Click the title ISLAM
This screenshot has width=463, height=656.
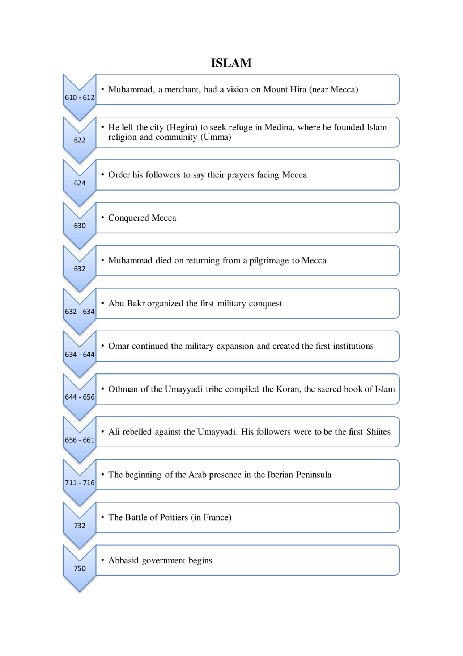point(231,63)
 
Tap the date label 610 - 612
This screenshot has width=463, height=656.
point(80,97)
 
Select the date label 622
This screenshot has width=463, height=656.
point(80,140)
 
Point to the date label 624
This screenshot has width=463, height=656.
point(80,183)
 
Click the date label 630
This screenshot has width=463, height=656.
point(80,226)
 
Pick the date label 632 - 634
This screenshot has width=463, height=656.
point(80,312)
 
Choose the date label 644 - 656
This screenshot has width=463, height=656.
point(80,397)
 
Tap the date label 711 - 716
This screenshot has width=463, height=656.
point(80,482)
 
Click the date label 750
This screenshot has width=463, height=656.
point(80,568)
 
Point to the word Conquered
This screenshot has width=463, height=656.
point(128,218)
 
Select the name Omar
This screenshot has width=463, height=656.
point(119,346)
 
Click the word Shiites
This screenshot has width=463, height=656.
point(378,432)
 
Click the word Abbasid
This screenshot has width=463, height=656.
point(123,560)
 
